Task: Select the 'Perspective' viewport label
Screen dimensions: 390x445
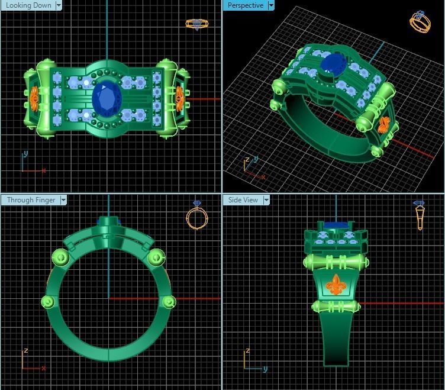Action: pyautogui.click(x=245, y=5)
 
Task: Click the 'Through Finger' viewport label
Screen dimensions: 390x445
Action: pyautogui.click(x=30, y=200)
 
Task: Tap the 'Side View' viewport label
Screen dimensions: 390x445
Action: pyautogui.click(x=243, y=200)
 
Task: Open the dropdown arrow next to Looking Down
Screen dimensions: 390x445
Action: pyautogui.click(x=59, y=5)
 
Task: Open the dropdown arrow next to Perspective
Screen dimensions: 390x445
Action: pyautogui.click(x=271, y=5)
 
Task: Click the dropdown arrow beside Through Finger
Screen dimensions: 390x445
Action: pyautogui.click(x=63, y=200)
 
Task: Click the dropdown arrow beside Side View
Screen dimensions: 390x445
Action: pyautogui.click(x=266, y=200)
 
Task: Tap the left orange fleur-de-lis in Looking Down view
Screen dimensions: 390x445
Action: pyautogui.click(x=34, y=97)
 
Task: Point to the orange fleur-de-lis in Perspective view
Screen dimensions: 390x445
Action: pyautogui.click(x=383, y=125)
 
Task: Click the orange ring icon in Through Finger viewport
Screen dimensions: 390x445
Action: pyautogui.click(x=197, y=217)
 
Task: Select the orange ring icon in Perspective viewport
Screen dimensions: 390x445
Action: pyautogui.click(x=420, y=22)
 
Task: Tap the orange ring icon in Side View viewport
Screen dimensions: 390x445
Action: pyautogui.click(x=419, y=214)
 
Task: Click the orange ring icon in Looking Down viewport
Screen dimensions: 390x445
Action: pyautogui.click(x=196, y=24)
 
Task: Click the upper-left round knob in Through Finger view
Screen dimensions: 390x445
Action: pyautogui.click(x=60, y=257)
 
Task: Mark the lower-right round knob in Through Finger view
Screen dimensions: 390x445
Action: pyautogui.click(x=169, y=302)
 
